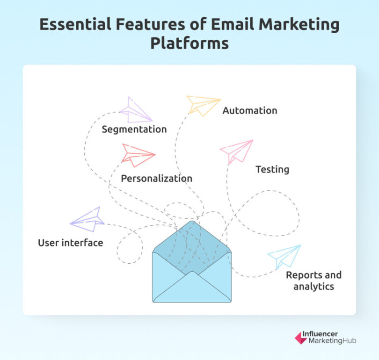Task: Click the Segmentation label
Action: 134,129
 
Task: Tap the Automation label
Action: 249,111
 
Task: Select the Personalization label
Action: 156,178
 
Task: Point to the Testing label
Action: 272,169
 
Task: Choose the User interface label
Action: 70,243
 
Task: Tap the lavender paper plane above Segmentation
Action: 135,110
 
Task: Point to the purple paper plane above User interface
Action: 87,219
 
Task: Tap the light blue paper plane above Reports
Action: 285,256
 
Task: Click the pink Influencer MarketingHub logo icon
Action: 301,338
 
